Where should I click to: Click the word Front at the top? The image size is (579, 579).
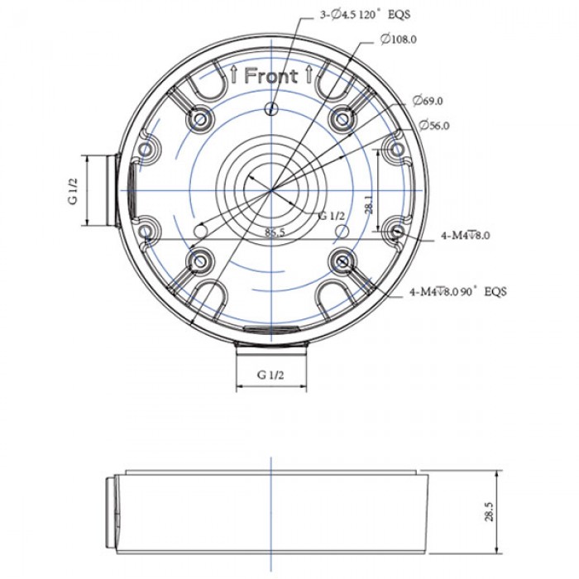click(270, 76)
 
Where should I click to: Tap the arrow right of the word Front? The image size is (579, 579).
click(308, 76)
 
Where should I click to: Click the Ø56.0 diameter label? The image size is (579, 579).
click(433, 126)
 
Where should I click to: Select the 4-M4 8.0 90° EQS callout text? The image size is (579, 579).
click(457, 292)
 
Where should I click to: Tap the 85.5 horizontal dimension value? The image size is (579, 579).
click(275, 232)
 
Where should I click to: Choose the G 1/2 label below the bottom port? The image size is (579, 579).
click(271, 375)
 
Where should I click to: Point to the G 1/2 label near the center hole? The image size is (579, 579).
click(332, 215)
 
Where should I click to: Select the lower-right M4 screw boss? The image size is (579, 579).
click(341, 261)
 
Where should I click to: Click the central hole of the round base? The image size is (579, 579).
click(270, 189)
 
